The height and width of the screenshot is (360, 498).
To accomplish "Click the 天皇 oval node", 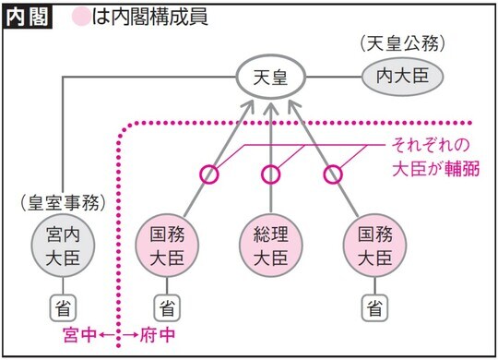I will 270,78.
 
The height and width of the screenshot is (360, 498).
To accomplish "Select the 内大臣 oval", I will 395,77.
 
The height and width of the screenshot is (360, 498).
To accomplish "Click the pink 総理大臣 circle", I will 270,243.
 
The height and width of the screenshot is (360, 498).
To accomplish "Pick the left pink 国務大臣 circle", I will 167,243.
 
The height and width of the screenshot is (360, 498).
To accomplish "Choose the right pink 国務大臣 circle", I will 373,243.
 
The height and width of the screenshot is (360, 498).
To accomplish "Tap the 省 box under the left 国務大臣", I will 167,306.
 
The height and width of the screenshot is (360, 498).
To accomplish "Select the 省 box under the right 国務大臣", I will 373,306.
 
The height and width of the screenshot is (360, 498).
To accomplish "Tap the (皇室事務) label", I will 62,198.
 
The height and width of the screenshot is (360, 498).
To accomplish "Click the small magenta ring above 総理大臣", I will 270,173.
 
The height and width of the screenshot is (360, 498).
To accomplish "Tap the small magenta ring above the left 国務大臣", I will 210,173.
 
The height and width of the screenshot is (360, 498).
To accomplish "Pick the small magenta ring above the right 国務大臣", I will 331,173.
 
